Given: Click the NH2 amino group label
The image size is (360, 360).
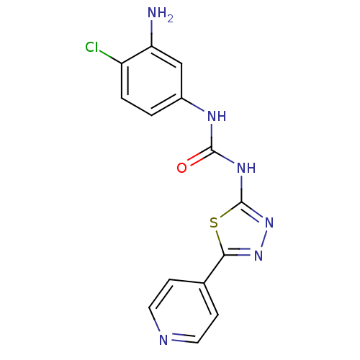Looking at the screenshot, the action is tap(160, 14).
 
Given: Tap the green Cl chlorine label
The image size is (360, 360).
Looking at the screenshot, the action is tap(91, 47).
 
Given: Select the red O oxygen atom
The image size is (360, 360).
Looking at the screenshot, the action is tap(181, 168).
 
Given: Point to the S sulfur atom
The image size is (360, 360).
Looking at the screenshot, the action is tap(214, 222).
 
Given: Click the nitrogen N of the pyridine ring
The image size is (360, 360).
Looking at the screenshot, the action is tap(163, 340).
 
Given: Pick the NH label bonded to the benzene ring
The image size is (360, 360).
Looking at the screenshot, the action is tap(217, 116).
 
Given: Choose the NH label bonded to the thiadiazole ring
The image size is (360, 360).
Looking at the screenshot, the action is tap(246, 168).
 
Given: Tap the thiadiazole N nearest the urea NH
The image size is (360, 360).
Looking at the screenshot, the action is tap(269, 222).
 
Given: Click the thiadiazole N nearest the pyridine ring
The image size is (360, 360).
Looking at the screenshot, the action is tap(258, 256).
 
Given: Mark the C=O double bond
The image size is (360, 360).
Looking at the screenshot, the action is tap(199, 156).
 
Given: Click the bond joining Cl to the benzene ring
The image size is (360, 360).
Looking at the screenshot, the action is tap(111, 58).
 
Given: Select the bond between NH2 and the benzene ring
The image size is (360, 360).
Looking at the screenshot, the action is tap(151, 33).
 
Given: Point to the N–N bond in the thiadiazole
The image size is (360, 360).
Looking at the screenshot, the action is tap(264, 238).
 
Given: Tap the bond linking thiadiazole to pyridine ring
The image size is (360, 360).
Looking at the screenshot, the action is tap(214, 269).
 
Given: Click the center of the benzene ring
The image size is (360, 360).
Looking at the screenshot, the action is tap(151, 81).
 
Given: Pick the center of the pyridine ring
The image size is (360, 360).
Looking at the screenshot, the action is tap(184, 311).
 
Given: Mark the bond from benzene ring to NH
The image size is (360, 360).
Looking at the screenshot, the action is tap(193, 104).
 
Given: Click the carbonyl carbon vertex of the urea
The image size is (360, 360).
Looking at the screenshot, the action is tap(212, 150).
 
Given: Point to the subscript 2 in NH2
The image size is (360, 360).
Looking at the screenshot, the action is tap(170, 19).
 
